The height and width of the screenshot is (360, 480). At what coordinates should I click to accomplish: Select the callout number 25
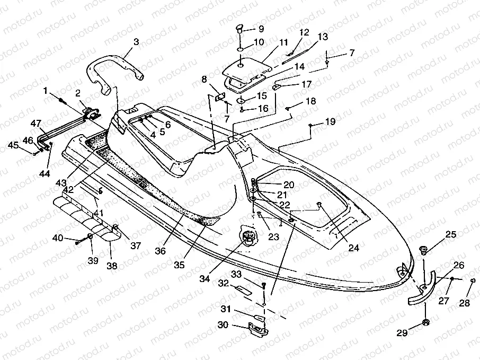tap(450, 234)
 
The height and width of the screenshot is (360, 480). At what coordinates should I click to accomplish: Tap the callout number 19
tap(331, 122)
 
